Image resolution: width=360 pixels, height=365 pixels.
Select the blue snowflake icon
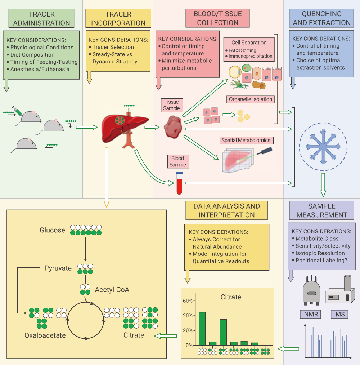323,147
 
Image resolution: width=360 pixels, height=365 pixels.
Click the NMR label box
311,314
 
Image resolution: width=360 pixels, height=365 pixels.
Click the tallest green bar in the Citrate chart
202,328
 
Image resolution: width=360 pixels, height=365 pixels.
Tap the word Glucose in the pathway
53,230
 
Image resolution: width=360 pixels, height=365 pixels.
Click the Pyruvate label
58,268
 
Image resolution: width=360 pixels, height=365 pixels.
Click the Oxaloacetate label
45,335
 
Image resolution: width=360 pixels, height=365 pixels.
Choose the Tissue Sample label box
171,105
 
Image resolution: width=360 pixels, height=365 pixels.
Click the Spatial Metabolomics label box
246,140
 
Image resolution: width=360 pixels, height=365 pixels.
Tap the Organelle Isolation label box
251,99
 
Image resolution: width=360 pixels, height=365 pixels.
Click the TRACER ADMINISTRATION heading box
42,18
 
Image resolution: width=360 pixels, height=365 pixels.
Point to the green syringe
18,110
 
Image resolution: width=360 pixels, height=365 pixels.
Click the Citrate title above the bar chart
231,297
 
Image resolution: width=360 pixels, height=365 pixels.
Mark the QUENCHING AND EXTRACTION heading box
321,18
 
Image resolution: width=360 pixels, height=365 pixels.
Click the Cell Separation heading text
249,43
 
